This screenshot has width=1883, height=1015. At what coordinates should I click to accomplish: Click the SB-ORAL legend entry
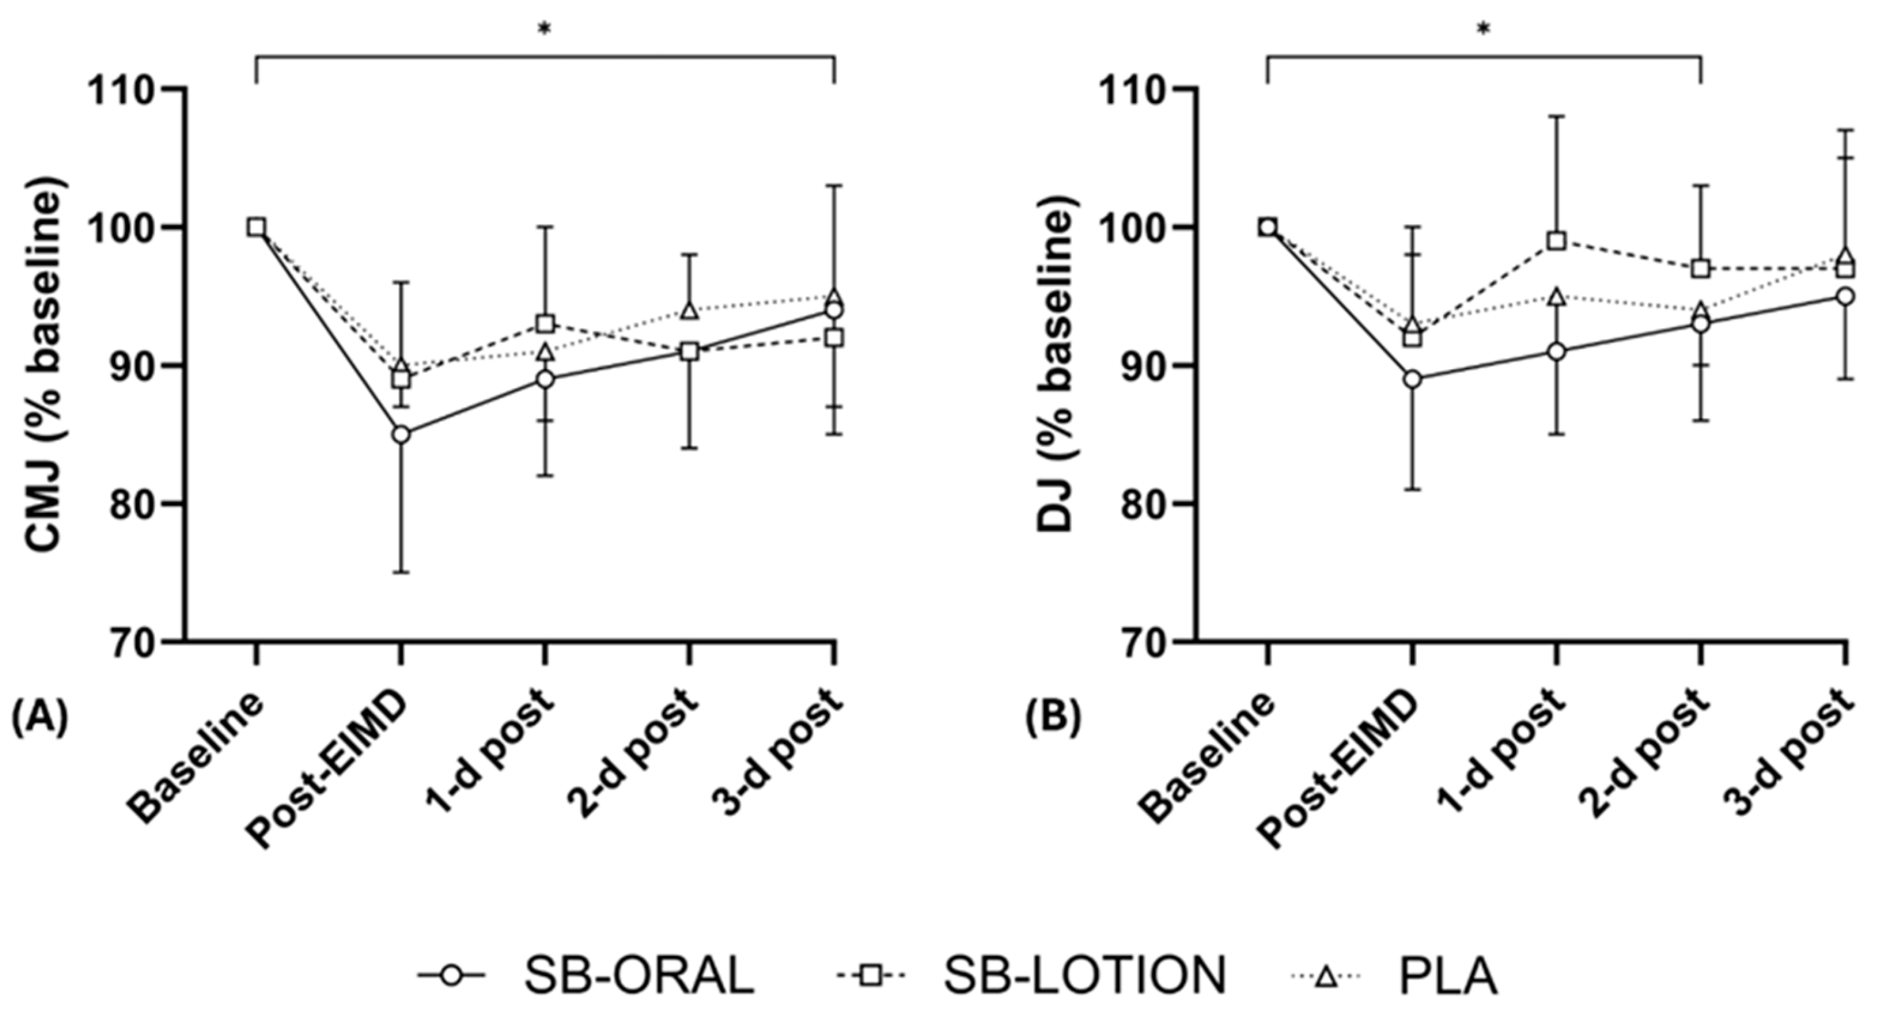(x=585, y=976)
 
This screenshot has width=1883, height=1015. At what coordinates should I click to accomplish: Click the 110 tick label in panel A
(x=123, y=89)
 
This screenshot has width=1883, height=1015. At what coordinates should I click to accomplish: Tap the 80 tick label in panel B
(x=1148, y=503)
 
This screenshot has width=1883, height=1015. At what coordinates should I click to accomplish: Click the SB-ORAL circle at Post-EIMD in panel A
(x=400, y=435)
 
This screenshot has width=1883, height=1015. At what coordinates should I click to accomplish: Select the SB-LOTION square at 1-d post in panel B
(x=1556, y=241)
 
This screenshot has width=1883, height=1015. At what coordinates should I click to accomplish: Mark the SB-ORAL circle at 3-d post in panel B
(x=1845, y=296)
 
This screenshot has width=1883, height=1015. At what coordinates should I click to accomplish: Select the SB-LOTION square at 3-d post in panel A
(x=834, y=338)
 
